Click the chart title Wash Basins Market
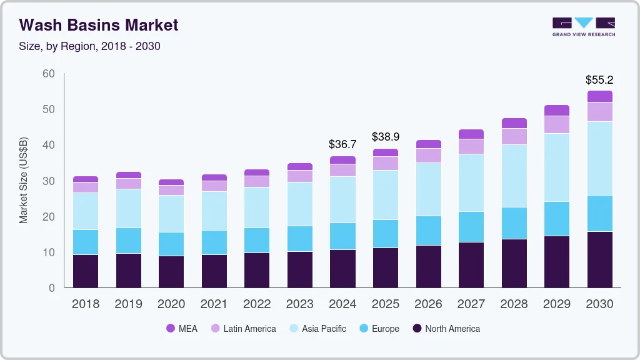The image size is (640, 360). point(99,25)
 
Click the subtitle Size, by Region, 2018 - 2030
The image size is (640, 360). point(89,46)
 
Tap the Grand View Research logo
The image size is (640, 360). point(583,26)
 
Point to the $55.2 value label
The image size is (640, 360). point(599,80)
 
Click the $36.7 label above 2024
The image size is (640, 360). point(342,144)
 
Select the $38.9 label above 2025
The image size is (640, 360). point(386,136)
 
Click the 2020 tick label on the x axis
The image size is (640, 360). point(171,304)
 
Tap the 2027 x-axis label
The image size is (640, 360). point(471,304)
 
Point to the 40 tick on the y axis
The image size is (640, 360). point(49,145)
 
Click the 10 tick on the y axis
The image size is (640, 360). point(49,252)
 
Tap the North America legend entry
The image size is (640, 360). point(446,328)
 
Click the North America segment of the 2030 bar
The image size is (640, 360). point(599,259)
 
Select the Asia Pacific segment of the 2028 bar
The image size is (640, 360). point(514,176)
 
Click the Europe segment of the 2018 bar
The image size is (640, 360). point(86,242)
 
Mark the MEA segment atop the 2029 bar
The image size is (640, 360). point(557,110)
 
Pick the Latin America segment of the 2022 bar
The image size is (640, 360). point(257,181)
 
